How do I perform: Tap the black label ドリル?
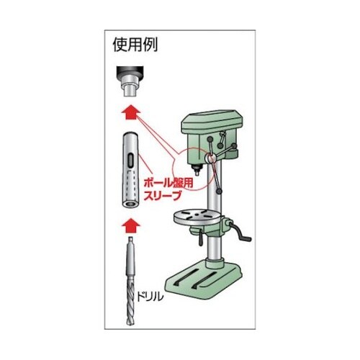click(149, 295)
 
